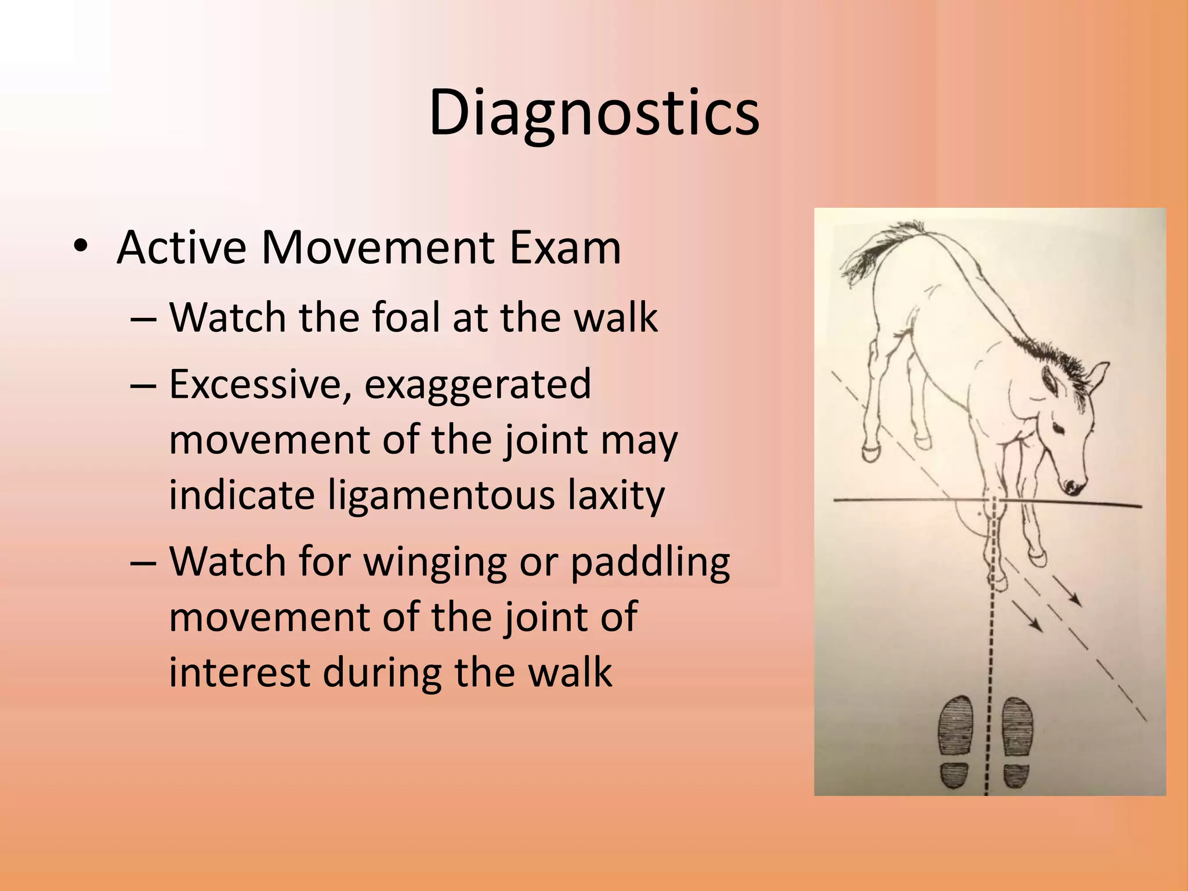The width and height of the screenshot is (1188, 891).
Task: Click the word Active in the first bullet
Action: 181,248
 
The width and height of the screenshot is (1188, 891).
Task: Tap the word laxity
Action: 615,496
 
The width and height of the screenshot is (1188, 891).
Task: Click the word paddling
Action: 650,563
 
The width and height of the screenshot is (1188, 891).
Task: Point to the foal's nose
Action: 1073,486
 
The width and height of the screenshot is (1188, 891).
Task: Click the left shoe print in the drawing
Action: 955,742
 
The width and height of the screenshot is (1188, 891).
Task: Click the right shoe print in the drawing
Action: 1017,742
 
